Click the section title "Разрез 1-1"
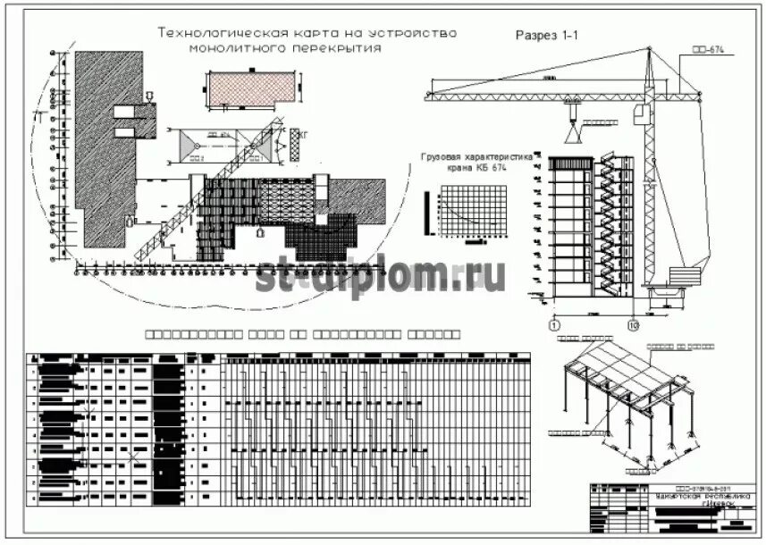pos(547,35)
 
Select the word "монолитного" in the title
pos(243,48)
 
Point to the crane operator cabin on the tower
pos(639,114)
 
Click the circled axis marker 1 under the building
pos(554,324)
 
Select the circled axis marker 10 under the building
pos(634,324)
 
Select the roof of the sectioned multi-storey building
pos(570,162)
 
